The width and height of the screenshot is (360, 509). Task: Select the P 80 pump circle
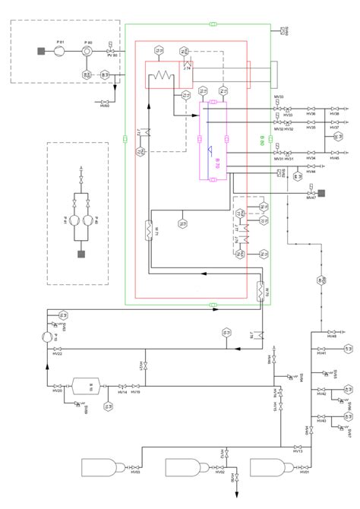tap(88, 51)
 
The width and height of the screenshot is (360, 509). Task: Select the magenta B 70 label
tap(216, 162)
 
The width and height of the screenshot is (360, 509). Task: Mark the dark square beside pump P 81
tap(40, 51)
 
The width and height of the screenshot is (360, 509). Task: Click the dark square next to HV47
tap(322, 192)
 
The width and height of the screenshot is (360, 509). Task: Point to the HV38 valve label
tap(335, 114)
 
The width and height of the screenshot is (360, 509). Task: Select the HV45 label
tap(335, 158)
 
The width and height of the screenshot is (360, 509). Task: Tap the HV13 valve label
tap(298, 451)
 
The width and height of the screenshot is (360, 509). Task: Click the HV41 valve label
tap(321, 353)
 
